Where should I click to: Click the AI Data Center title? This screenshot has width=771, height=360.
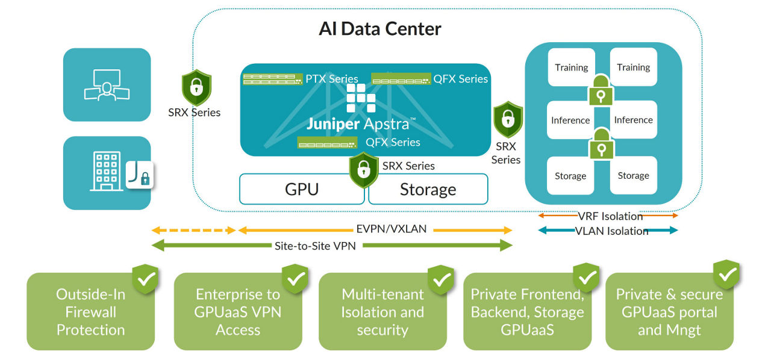[x=380, y=29]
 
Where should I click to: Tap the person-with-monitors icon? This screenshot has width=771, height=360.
[x=107, y=85]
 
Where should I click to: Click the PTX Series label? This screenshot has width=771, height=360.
[x=331, y=79]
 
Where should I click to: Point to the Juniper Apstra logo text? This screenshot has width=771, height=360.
[x=360, y=124]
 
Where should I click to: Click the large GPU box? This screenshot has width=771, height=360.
[x=301, y=190]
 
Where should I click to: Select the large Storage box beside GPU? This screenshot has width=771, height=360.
[x=428, y=190]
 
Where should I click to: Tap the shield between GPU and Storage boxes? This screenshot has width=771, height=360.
[x=364, y=170]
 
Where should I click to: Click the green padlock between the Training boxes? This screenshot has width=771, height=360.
[x=601, y=91]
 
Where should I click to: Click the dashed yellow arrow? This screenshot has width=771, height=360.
[x=193, y=230]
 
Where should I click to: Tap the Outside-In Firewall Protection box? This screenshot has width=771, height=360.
[x=90, y=312]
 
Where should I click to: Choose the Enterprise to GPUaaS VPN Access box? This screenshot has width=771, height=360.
[x=238, y=312]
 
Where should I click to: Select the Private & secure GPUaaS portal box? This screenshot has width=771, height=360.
[x=669, y=312]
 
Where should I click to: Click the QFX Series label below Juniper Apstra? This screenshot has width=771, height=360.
[x=393, y=143]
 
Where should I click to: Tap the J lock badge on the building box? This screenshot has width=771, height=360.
[x=140, y=175]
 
